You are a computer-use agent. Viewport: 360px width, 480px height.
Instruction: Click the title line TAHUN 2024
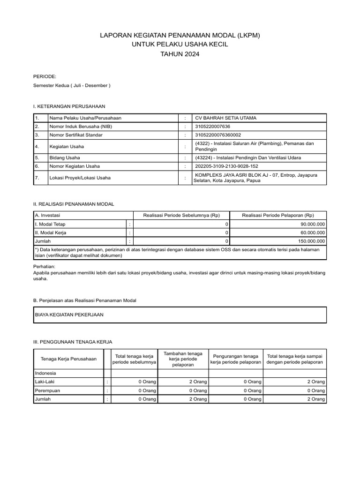[180, 54]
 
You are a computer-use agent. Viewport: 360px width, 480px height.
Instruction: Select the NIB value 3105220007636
[212, 127]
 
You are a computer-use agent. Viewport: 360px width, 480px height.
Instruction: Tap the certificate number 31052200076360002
[217, 135]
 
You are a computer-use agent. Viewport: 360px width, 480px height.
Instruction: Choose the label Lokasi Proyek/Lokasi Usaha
[77, 178]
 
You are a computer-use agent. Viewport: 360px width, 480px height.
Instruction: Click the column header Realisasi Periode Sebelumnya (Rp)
[181, 215]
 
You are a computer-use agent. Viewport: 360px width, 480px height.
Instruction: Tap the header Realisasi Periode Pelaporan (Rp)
[278, 215]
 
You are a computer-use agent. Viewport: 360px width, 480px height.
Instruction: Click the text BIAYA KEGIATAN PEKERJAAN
[69, 315]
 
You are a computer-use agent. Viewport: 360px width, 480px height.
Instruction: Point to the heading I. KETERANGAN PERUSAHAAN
[69, 107]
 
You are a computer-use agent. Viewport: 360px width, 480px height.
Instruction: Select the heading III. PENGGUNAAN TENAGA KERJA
[73, 342]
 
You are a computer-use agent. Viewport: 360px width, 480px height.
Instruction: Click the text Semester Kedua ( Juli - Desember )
[72, 86]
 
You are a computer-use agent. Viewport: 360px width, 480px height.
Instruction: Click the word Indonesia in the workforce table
[45, 373]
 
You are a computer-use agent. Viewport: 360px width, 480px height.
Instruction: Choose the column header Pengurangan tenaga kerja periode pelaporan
[235, 359]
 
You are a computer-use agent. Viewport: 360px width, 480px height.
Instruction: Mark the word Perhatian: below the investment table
[45, 266]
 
